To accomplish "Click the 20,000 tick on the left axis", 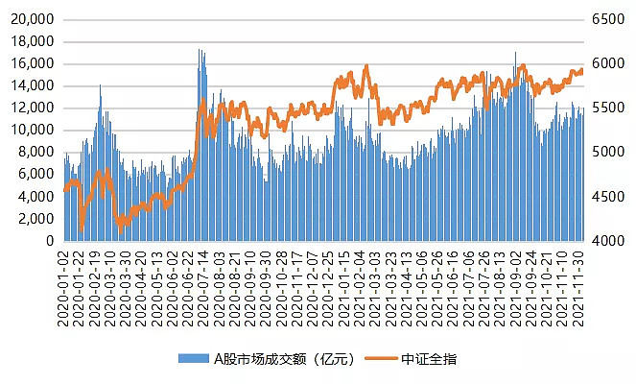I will (33, 20).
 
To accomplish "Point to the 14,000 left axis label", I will (33, 86).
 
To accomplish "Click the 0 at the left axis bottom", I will (49, 241).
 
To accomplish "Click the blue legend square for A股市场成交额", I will (183, 359).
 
